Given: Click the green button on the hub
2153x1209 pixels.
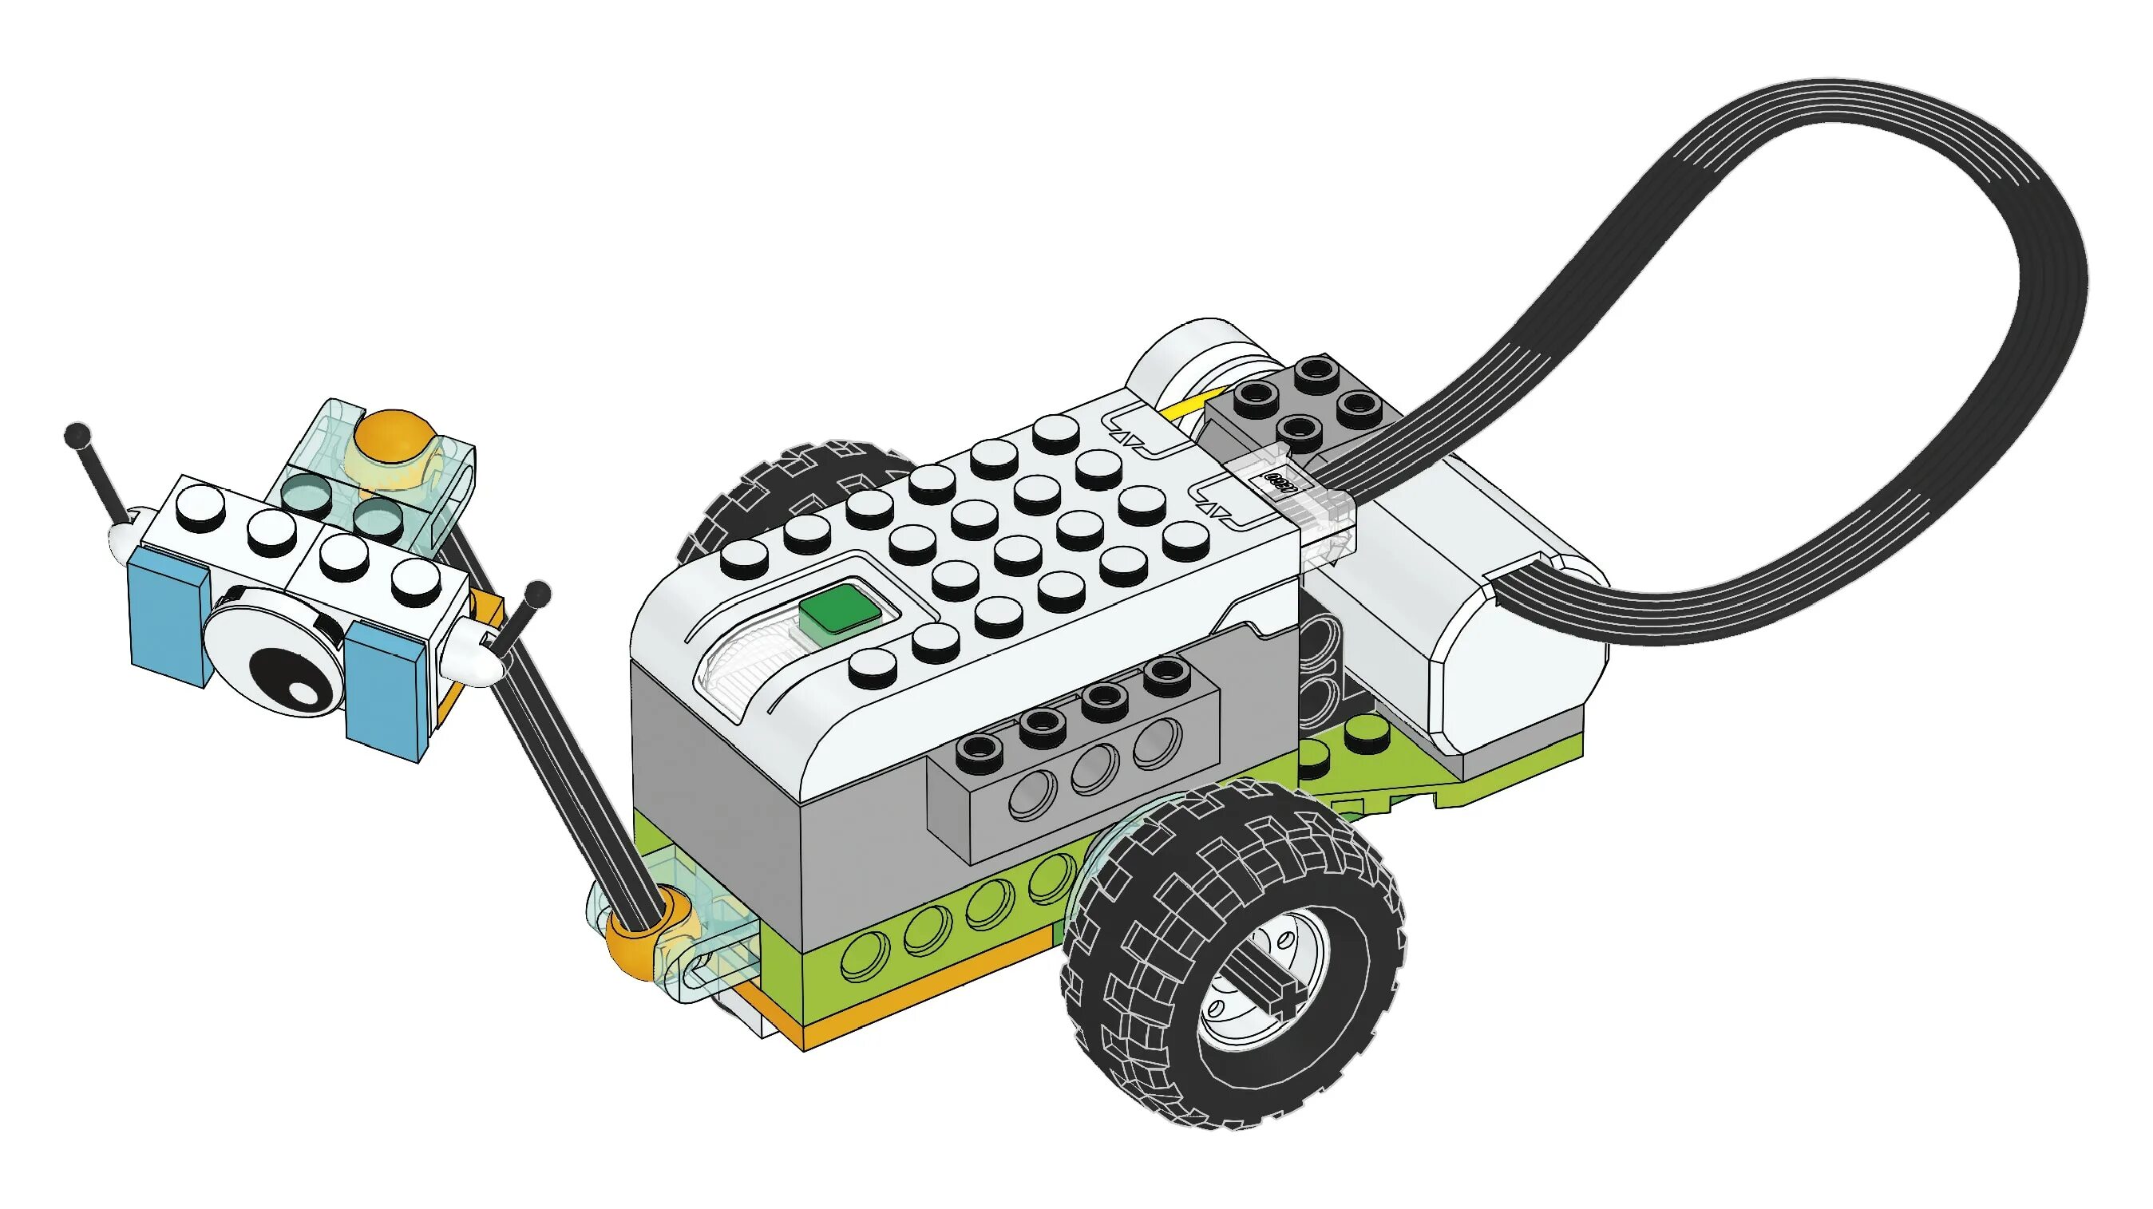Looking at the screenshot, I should point(841,612).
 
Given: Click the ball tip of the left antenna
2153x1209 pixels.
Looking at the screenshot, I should point(77,434).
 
